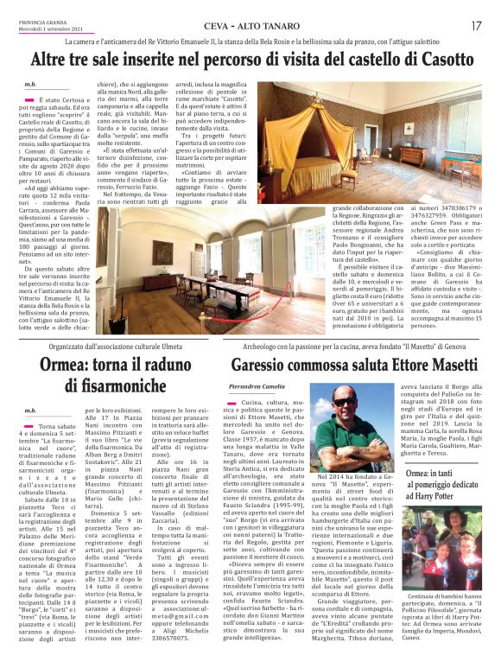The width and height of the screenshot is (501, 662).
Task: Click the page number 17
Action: pos(476,25)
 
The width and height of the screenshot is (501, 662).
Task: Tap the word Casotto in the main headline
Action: pos(434,60)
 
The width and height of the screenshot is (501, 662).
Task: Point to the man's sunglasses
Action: pos(344,403)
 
